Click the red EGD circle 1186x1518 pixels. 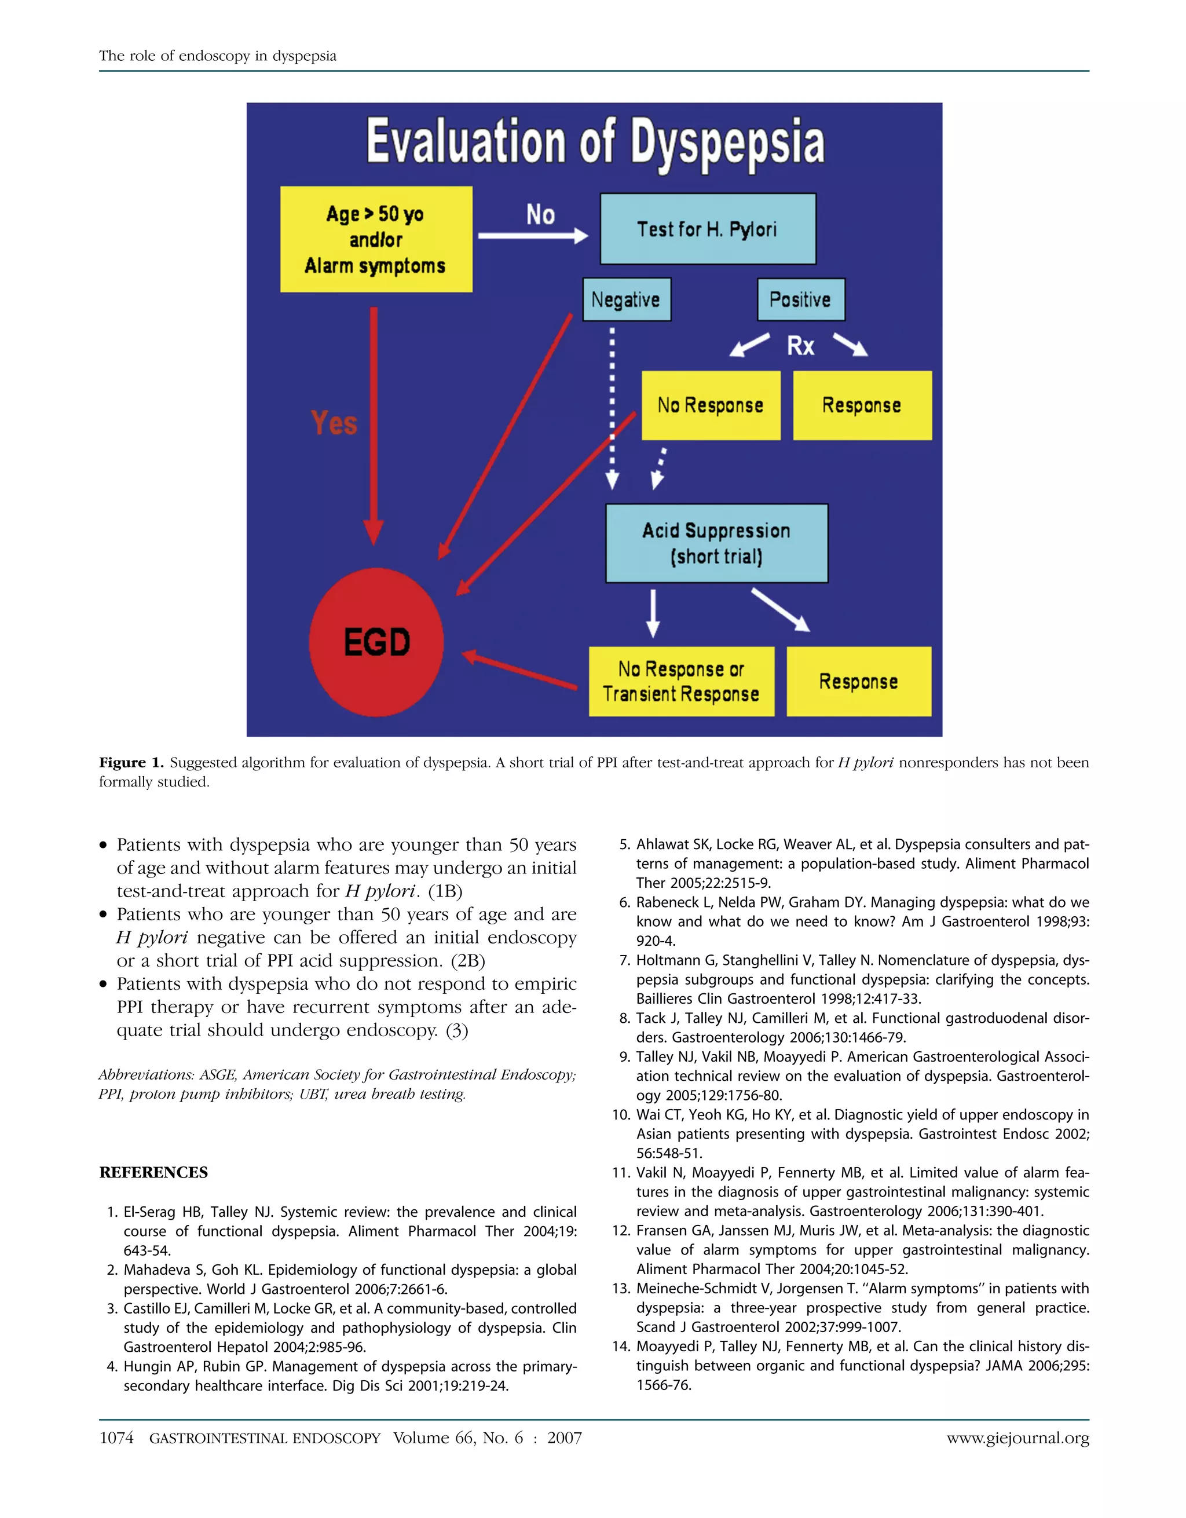[376, 642]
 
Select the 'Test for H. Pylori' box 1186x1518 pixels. [707, 229]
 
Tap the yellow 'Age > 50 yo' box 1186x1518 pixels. [376, 239]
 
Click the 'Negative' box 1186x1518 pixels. [626, 299]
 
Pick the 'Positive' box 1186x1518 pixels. [800, 299]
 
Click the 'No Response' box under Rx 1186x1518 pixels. [710, 405]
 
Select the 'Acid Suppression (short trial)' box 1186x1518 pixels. [716, 543]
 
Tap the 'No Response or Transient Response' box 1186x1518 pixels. [681, 681]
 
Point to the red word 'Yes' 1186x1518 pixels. [334, 423]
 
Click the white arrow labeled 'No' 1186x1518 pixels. [533, 236]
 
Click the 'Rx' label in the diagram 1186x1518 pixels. [800, 345]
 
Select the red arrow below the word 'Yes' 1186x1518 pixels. [374, 424]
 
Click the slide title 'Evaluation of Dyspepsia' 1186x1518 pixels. [595, 142]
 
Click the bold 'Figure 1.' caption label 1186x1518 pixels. [131, 763]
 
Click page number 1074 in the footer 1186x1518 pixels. [116, 1438]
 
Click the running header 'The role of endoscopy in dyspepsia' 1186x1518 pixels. [218, 56]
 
